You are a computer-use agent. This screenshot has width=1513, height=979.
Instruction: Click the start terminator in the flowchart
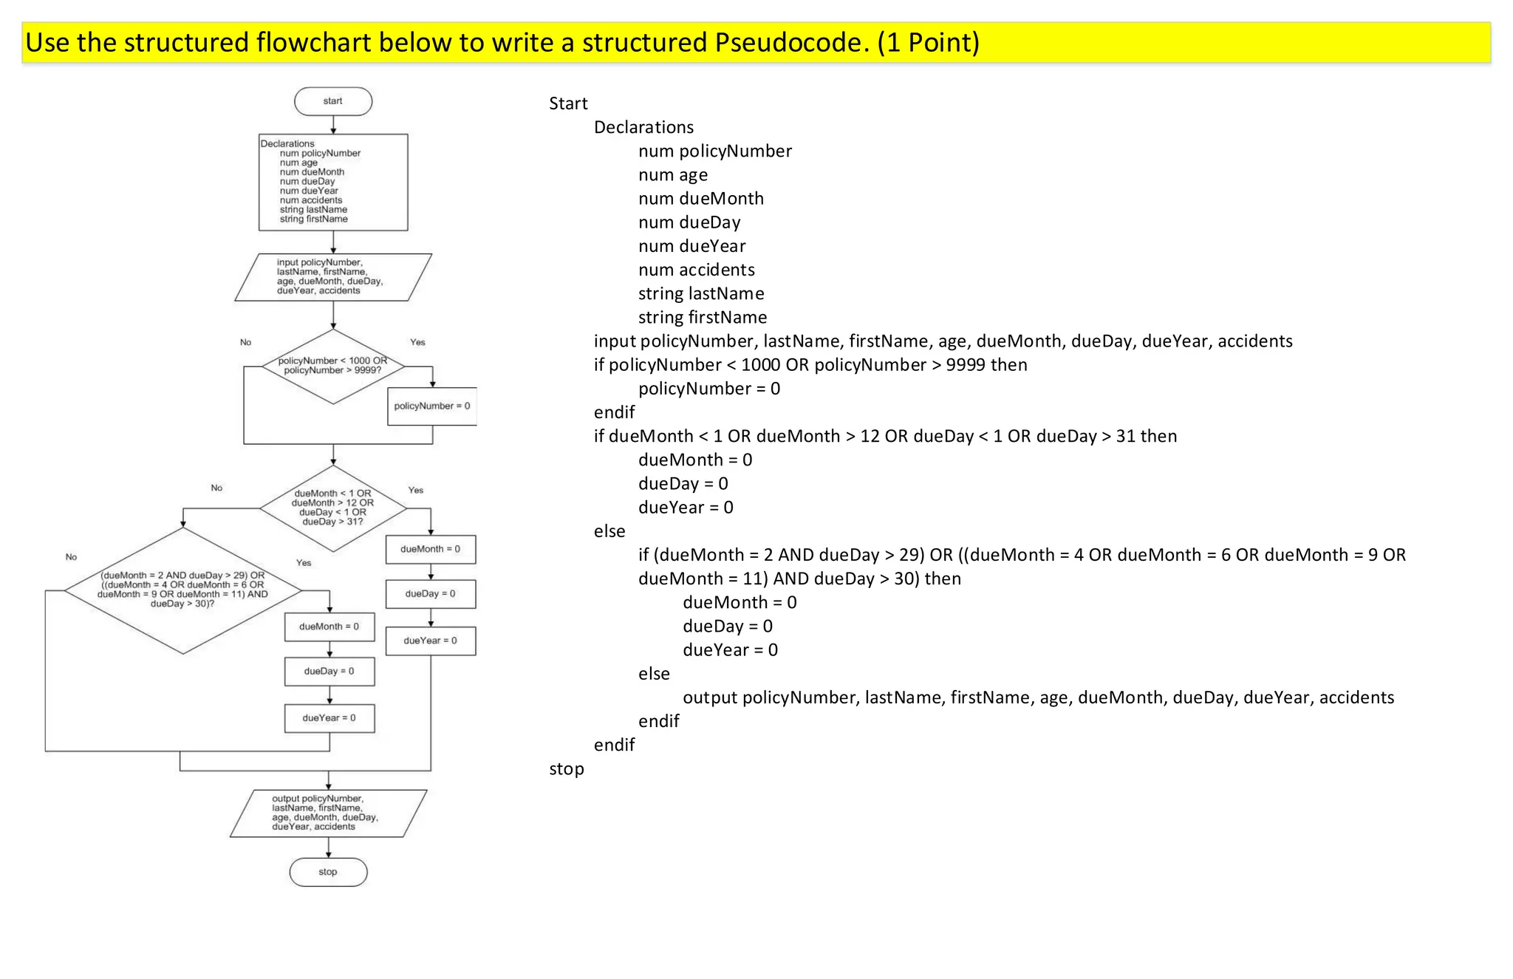(333, 101)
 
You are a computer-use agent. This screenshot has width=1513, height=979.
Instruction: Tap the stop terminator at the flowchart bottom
(328, 872)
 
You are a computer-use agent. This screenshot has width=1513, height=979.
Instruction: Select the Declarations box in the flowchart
(333, 182)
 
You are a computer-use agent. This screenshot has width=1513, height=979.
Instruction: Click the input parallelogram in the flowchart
(333, 277)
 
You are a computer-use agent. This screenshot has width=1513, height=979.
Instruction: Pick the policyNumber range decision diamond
(333, 366)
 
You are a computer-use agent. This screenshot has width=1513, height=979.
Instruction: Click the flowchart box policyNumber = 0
(432, 406)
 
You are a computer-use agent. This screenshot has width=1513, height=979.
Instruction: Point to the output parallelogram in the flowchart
(328, 813)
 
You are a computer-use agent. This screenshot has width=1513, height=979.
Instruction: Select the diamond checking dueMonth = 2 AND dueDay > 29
(183, 590)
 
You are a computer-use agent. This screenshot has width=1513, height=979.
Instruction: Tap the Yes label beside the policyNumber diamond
(417, 342)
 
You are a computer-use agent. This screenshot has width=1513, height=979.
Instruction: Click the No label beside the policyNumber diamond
(245, 342)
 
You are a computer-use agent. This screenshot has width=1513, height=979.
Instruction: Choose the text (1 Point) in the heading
(928, 43)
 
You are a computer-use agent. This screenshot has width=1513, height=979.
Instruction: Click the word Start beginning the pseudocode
(568, 103)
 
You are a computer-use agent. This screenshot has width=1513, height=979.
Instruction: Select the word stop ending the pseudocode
(567, 768)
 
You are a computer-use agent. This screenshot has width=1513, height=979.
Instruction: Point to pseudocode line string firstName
(703, 318)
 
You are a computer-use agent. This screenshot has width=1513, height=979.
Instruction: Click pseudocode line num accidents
(697, 270)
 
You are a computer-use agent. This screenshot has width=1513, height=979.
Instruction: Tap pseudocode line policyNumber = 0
(709, 389)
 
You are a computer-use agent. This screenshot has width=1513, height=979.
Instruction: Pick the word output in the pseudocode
(710, 697)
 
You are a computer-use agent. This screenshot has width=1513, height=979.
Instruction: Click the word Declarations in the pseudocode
(643, 127)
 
